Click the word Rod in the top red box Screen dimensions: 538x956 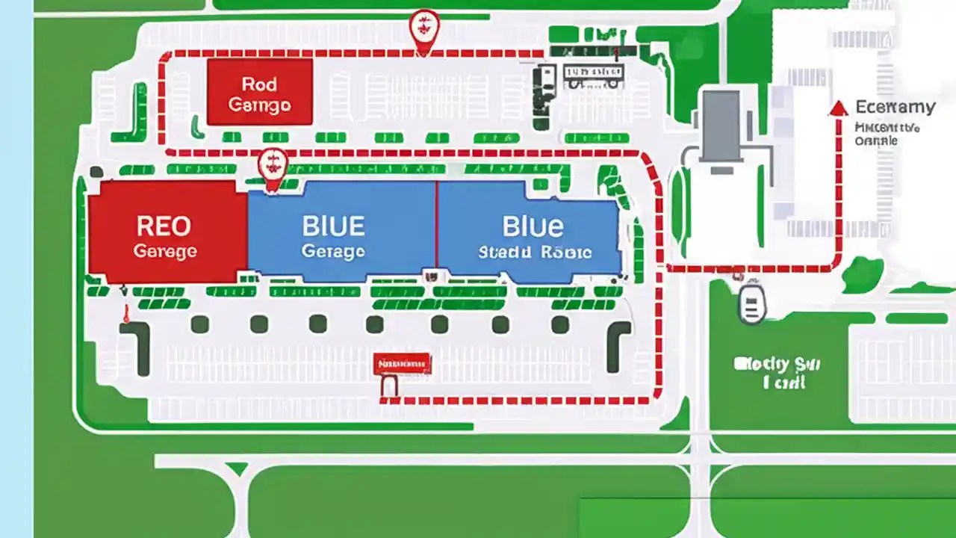[259, 84]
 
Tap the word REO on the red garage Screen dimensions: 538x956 [164, 226]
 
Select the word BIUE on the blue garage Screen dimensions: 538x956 [333, 226]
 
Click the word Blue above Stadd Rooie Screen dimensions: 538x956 [533, 226]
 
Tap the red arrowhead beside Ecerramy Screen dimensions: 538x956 [839, 108]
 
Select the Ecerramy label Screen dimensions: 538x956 [895, 107]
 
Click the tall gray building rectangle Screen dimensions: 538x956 [721, 125]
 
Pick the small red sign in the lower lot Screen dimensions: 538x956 [402, 364]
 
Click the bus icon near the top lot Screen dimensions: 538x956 [593, 73]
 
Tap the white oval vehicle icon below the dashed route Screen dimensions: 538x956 [753, 303]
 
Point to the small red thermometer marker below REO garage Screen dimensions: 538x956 [126, 314]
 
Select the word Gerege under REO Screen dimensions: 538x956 [165, 252]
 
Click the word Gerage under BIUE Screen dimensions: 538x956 [333, 252]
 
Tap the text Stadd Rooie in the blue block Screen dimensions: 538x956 [535, 253]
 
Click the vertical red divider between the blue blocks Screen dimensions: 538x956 [436, 224]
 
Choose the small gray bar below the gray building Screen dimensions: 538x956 [721, 170]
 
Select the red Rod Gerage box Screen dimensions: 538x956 [259, 92]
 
